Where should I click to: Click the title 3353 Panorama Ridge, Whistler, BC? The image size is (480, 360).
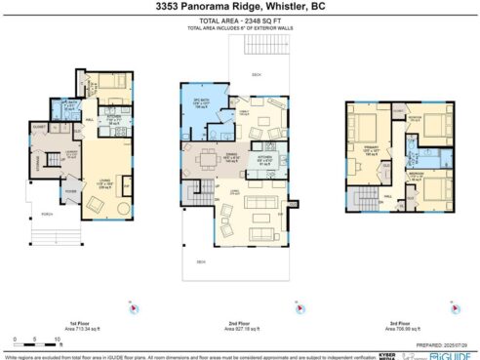tap(240, 8)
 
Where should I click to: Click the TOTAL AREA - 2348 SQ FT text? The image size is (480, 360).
tap(240, 20)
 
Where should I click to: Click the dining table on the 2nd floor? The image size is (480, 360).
tap(207, 157)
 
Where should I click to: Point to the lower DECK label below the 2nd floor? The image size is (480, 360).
tap(201, 261)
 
